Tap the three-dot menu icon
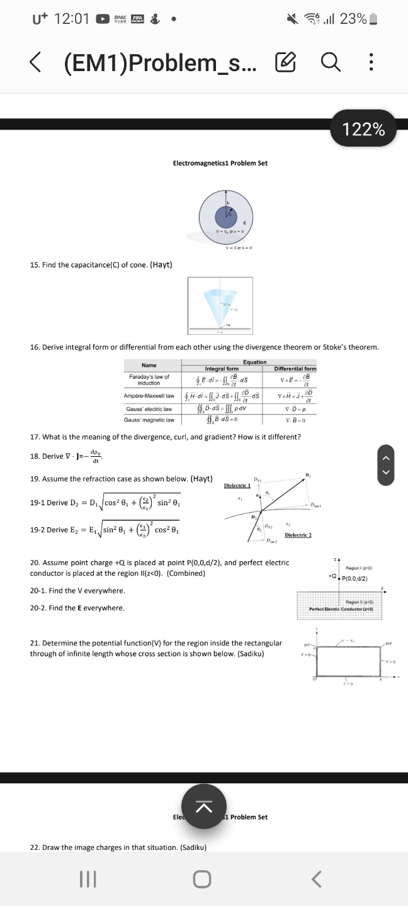tap(371, 62)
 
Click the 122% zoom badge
tap(363, 129)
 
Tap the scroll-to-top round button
tap(203, 807)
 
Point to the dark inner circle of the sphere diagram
tap(225, 217)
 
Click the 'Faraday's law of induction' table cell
tap(149, 380)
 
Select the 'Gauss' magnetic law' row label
tap(149, 420)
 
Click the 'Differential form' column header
tap(295, 369)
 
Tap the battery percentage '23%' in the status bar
tap(353, 19)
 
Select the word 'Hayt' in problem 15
tap(161, 264)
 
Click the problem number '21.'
tap(35, 643)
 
